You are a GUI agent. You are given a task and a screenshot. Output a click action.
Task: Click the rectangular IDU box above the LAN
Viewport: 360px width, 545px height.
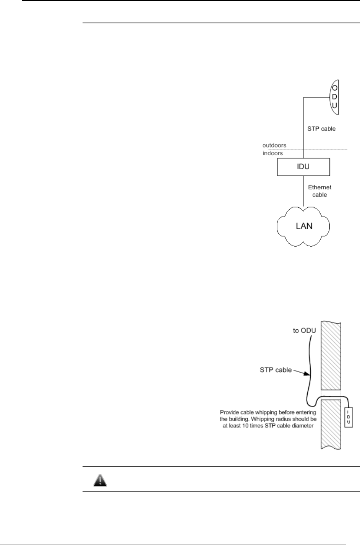click(x=303, y=167)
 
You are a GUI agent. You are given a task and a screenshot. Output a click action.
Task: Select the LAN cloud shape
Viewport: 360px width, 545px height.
click(x=303, y=226)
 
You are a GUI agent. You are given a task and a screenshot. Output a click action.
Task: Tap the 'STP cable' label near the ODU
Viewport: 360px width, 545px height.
click(x=321, y=129)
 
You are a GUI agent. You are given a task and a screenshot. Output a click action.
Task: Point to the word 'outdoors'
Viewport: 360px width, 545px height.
click(x=274, y=145)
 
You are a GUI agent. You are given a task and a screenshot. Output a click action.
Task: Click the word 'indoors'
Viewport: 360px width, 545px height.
click(x=272, y=153)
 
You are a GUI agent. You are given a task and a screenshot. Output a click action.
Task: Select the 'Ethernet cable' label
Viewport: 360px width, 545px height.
click(x=319, y=191)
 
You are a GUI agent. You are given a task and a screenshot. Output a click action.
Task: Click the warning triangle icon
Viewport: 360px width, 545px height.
click(x=100, y=479)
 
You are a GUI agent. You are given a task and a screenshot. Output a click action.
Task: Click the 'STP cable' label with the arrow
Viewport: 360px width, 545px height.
click(x=276, y=370)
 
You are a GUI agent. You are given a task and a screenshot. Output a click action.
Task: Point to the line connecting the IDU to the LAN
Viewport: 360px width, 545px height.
click(x=303, y=191)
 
